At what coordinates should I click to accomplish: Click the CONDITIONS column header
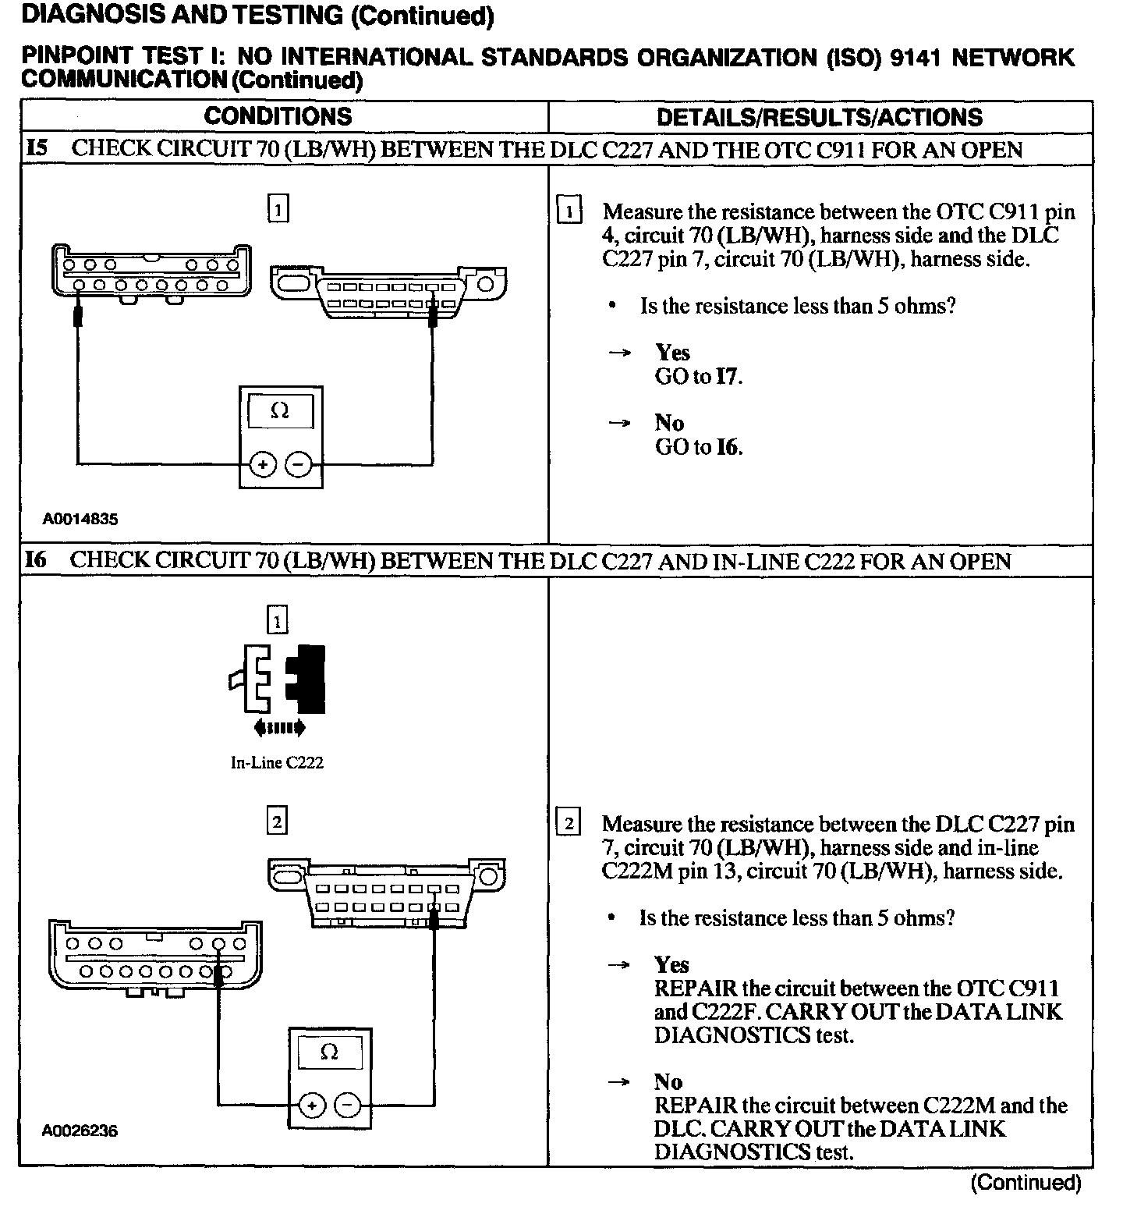point(278,117)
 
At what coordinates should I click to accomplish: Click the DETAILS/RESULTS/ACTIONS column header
point(819,118)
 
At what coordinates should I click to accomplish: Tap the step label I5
point(37,148)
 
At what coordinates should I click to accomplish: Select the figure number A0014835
point(80,519)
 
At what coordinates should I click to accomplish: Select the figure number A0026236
point(80,1130)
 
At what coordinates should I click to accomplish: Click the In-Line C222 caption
point(277,763)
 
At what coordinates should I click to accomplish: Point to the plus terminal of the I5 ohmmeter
point(263,465)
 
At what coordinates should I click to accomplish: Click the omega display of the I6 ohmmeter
point(329,1053)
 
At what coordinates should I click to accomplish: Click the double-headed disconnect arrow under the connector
point(279,729)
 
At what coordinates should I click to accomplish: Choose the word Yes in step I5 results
point(672,353)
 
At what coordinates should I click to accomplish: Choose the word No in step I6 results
point(668,1082)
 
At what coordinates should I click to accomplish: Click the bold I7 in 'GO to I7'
point(728,377)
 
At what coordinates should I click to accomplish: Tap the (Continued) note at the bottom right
point(1026,1183)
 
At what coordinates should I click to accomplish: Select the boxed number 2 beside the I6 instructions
point(569,824)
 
